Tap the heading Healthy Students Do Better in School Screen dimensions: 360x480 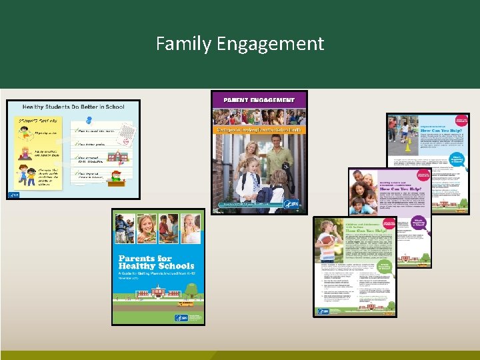(73, 107)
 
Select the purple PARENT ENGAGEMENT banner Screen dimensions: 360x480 (259, 99)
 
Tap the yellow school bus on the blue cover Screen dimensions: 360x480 (185, 303)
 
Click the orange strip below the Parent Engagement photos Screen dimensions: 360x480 (259, 129)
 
